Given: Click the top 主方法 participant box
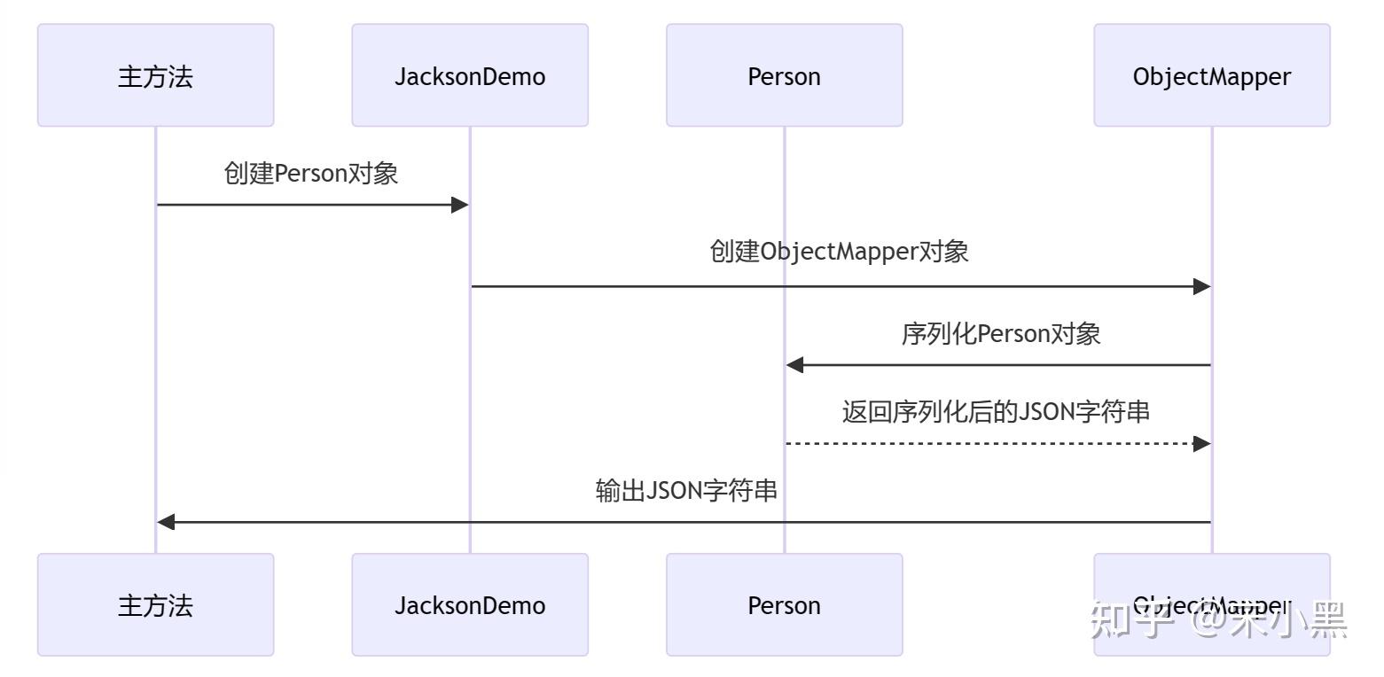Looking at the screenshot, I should pyautogui.click(x=155, y=75).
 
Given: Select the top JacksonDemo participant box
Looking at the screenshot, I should pyautogui.click(x=470, y=75).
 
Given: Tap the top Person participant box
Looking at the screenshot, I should pyautogui.click(x=784, y=75).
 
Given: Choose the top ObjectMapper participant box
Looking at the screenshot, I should pyautogui.click(x=1211, y=75).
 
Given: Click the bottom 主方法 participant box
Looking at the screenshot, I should pyautogui.click(x=155, y=605).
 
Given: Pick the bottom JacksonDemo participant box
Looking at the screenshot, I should pyautogui.click(x=470, y=605).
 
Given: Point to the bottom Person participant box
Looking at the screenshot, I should pyautogui.click(x=784, y=605).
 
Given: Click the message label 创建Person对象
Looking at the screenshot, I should pyautogui.click(x=311, y=174).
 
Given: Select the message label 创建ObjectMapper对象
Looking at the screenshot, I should pyautogui.click(x=839, y=252).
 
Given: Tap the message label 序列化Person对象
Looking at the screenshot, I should pyautogui.click(x=1001, y=334).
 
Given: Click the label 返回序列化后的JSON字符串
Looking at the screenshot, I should pyautogui.click(x=996, y=412).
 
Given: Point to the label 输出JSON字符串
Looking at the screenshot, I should pyautogui.click(x=686, y=490).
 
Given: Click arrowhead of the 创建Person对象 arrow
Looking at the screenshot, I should pyautogui.click(x=460, y=206).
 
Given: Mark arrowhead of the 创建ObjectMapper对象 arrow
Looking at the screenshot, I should pyautogui.click(x=1202, y=286).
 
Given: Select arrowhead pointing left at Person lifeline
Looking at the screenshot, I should pyautogui.click(x=794, y=365).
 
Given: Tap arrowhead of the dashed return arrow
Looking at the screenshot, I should pyautogui.click(x=1202, y=443).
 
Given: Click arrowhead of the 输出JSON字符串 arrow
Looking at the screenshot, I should pyautogui.click(x=166, y=522).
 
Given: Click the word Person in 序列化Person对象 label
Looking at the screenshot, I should pyautogui.click(x=1013, y=334).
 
